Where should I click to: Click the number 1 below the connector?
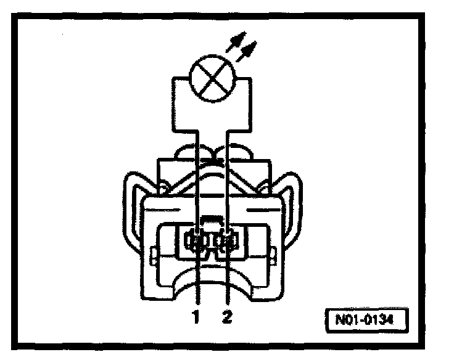(x=197, y=318)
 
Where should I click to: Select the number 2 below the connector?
(x=228, y=318)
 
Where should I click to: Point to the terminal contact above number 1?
(x=197, y=241)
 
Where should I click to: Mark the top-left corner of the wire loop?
(x=175, y=78)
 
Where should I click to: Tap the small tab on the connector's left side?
(x=151, y=253)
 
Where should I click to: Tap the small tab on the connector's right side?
(x=273, y=253)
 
